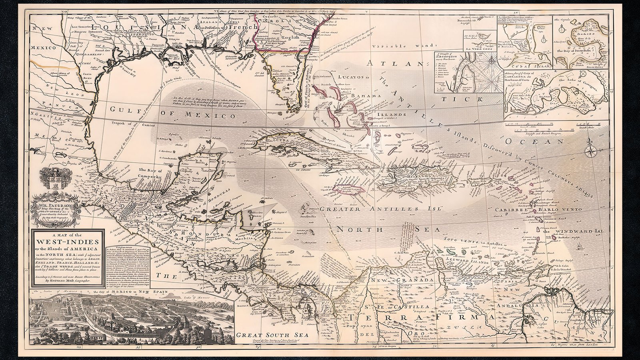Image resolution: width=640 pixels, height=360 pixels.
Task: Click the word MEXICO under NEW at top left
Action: (x=45, y=41)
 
